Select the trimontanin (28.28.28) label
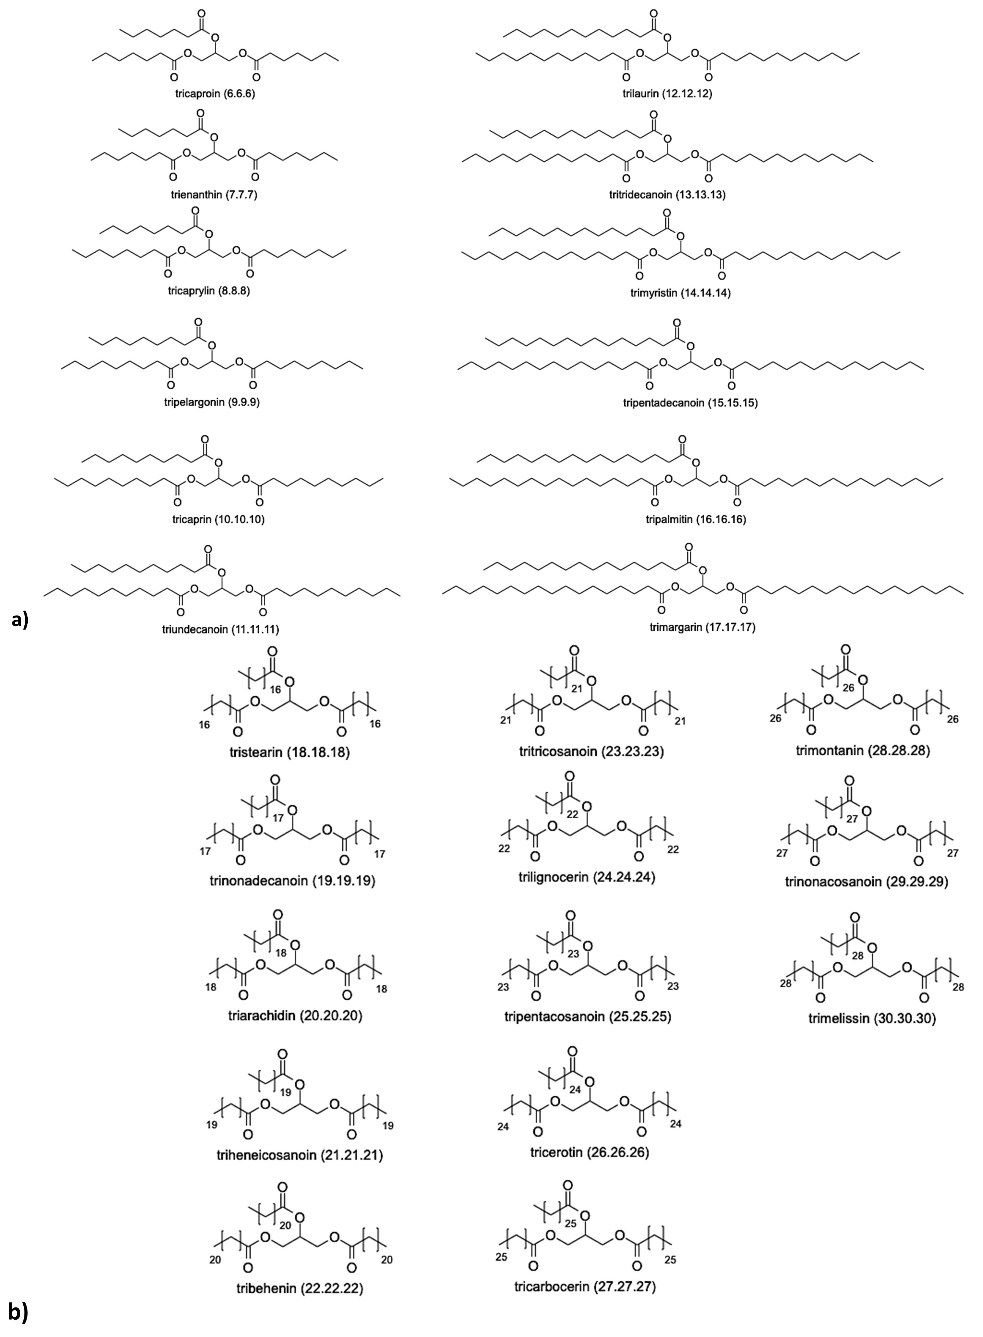862,750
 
